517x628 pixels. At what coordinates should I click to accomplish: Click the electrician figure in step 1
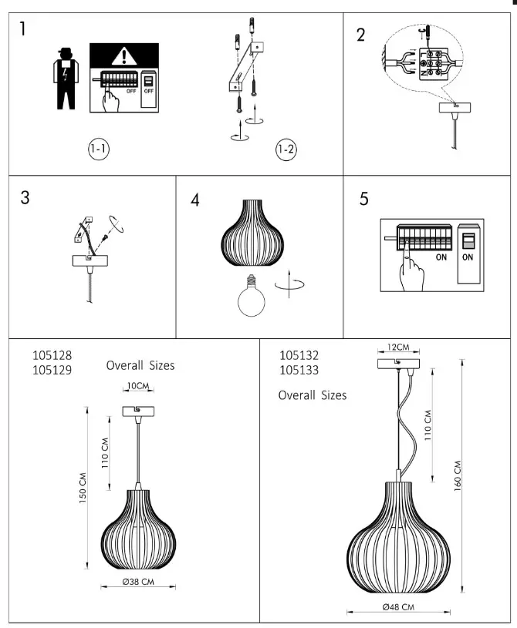tap(65, 79)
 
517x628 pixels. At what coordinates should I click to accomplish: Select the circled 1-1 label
tap(97, 149)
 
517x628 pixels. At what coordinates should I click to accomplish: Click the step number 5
tap(363, 198)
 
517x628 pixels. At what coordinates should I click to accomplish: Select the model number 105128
tap(52, 356)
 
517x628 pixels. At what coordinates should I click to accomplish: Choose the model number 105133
tap(299, 370)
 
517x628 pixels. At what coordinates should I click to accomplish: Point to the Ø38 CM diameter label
tap(139, 582)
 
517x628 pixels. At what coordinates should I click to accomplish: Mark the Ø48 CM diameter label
tap(399, 606)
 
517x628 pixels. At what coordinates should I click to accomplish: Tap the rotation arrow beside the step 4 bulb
tap(291, 282)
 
